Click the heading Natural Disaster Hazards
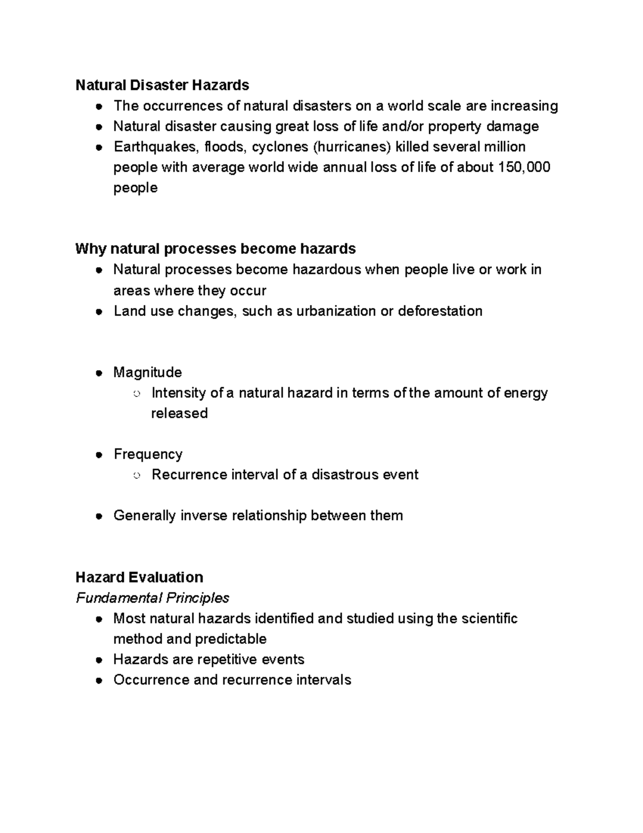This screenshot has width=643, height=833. pyautogui.click(x=162, y=85)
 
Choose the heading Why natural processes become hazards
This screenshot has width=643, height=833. pyautogui.click(x=215, y=249)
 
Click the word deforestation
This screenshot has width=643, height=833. pyautogui.click(x=440, y=311)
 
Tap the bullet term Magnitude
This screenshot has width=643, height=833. pyautogui.click(x=147, y=372)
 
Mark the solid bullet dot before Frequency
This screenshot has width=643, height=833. pyautogui.click(x=99, y=455)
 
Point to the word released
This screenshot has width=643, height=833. pyautogui.click(x=179, y=414)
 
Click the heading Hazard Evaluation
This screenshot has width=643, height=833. pyautogui.click(x=139, y=577)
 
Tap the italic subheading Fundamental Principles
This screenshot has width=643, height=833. pyautogui.click(x=152, y=598)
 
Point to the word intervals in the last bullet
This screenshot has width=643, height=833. pyautogui.click(x=325, y=680)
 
